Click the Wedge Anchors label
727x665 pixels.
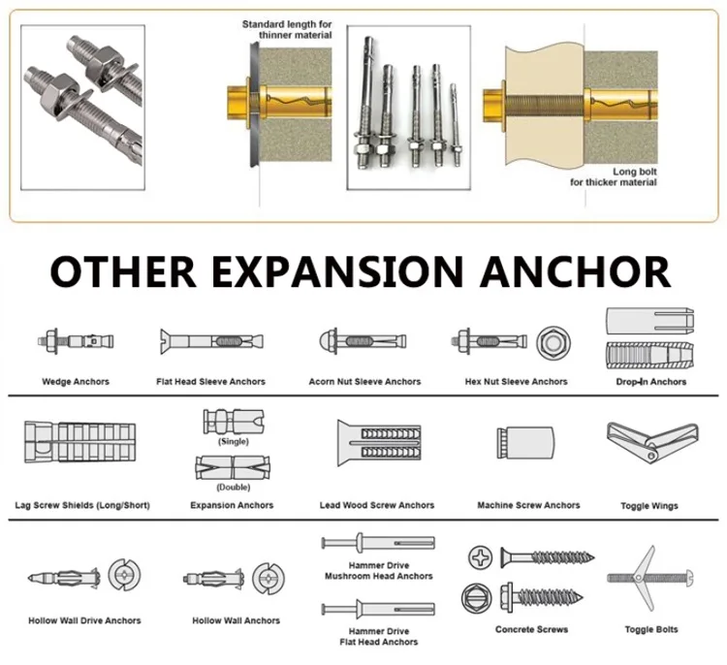pos(76,382)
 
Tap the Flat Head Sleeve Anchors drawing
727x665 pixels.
pos(210,341)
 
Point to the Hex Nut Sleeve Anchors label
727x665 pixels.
pos(516,382)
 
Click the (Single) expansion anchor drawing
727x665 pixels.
pos(232,422)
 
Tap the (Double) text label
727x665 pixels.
pos(233,487)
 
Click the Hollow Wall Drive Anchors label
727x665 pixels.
pos(84,620)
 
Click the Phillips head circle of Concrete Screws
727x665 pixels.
pos(482,556)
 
